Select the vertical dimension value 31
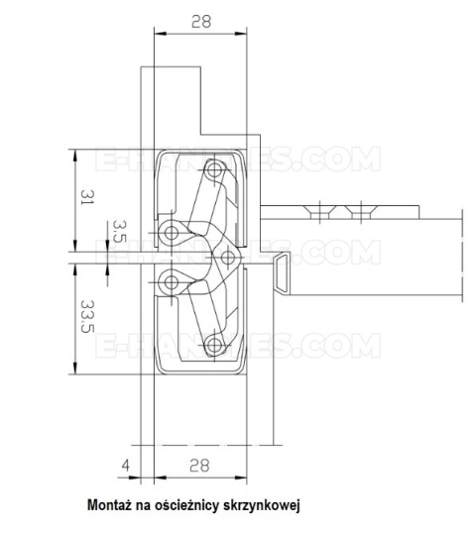click(87, 198)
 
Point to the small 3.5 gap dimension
click(119, 235)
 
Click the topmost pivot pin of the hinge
click(210, 167)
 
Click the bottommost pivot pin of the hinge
click(211, 347)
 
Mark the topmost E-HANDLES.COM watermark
click(238, 159)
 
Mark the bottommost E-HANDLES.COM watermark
click(238, 347)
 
